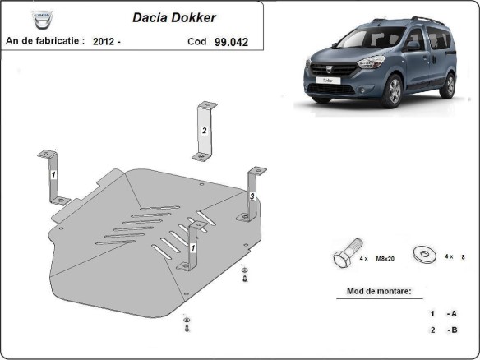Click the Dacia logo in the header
(39, 19)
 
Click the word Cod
(197, 40)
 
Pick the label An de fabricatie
(44, 39)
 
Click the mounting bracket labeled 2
(203, 132)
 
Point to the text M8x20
(385, 258)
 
